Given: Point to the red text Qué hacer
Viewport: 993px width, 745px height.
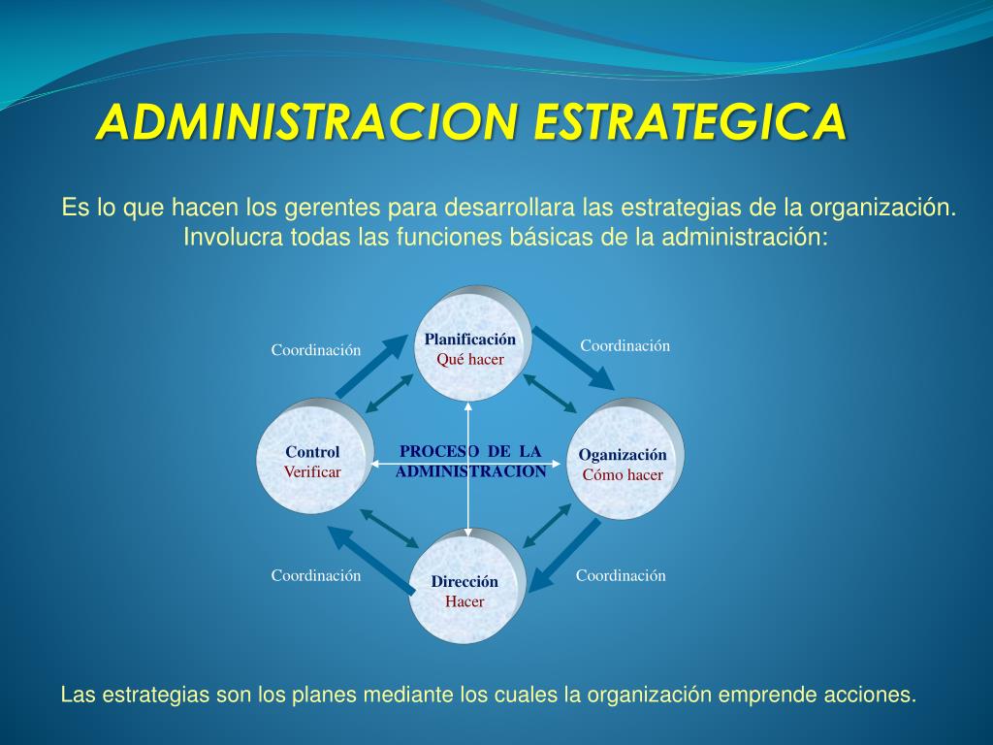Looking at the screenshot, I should (x=470, y=359).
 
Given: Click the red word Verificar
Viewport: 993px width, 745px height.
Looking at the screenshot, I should (x=312, y=472).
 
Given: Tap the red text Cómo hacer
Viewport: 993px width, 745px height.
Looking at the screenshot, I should (x=623, y=474).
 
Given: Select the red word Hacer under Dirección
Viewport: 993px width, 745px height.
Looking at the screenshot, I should (x=464, y=600).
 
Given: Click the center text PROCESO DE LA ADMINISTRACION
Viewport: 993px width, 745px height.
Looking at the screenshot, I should (x=470, y=462).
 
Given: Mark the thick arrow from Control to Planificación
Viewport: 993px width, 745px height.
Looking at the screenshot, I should (x=371, y=367).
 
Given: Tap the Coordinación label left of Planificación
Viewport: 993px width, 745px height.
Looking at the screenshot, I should (x=315, y=350).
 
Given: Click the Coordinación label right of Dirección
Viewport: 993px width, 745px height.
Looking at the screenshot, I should (x=621, y=575).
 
